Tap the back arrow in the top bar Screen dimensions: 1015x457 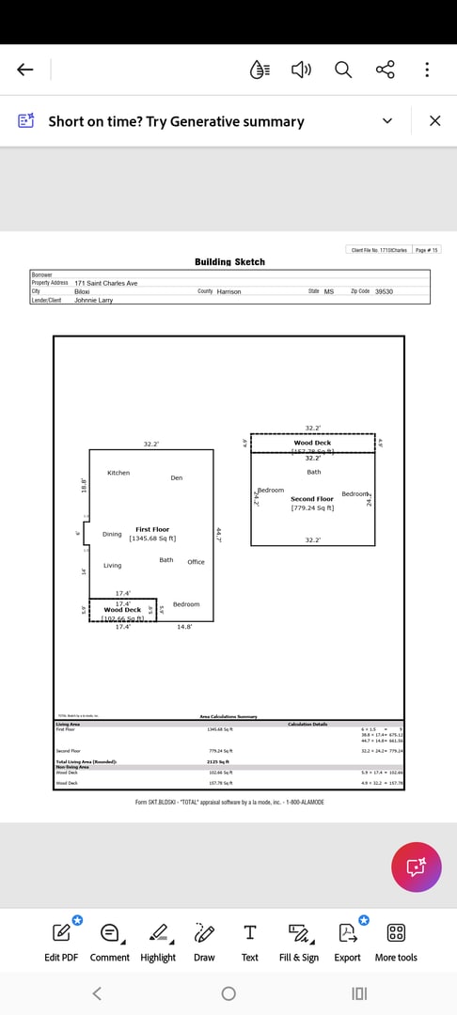(25, 70)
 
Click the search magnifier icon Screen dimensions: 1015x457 (343, 70)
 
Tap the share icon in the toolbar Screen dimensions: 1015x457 (386, 70)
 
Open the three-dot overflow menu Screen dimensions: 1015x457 (427, 70)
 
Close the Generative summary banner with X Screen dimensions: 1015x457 (434, 121)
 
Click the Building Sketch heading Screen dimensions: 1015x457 (229, 262)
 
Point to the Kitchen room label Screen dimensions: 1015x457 (118, 473)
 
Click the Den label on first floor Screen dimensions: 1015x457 (177, 478)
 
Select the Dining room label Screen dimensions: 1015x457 (112, 534)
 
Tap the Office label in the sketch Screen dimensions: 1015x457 (196, 562)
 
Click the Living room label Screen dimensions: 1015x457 (112, 566)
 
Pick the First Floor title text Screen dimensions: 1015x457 (151, 530)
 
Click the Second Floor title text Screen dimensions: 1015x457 (312, 499)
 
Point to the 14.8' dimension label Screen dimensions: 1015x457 (184, 627)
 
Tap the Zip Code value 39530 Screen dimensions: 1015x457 (384, 292)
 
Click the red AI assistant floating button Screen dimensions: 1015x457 (416, 867)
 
